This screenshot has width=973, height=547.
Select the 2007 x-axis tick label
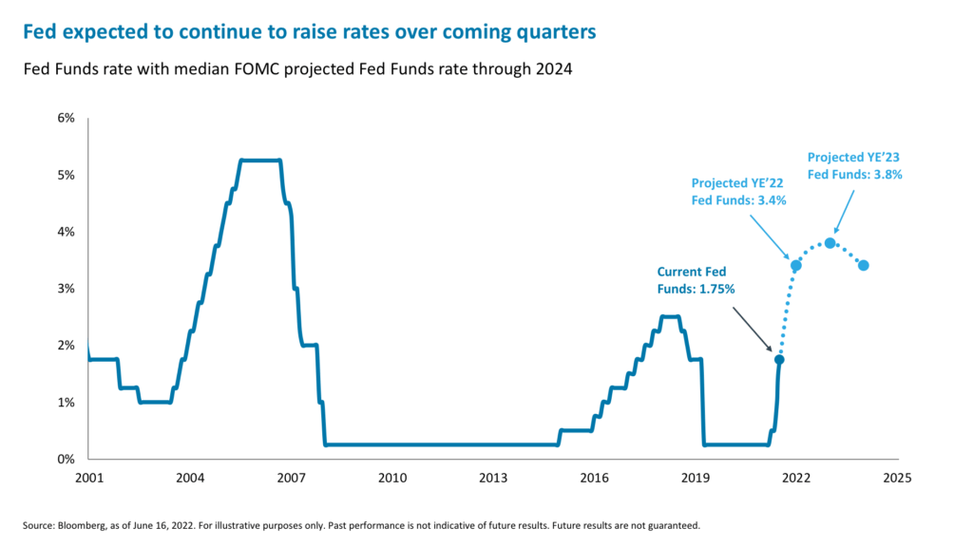290,478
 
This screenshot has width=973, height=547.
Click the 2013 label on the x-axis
492,478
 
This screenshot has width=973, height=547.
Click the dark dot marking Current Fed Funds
779,359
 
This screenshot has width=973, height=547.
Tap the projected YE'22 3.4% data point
796,265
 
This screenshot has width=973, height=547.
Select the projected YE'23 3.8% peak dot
830,243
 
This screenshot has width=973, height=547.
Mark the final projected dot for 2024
864,265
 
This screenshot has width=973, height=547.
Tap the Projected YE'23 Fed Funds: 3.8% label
854,165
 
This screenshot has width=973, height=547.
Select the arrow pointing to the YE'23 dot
849,209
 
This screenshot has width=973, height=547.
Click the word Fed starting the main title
39,32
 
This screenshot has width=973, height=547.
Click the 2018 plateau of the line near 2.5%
670,316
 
